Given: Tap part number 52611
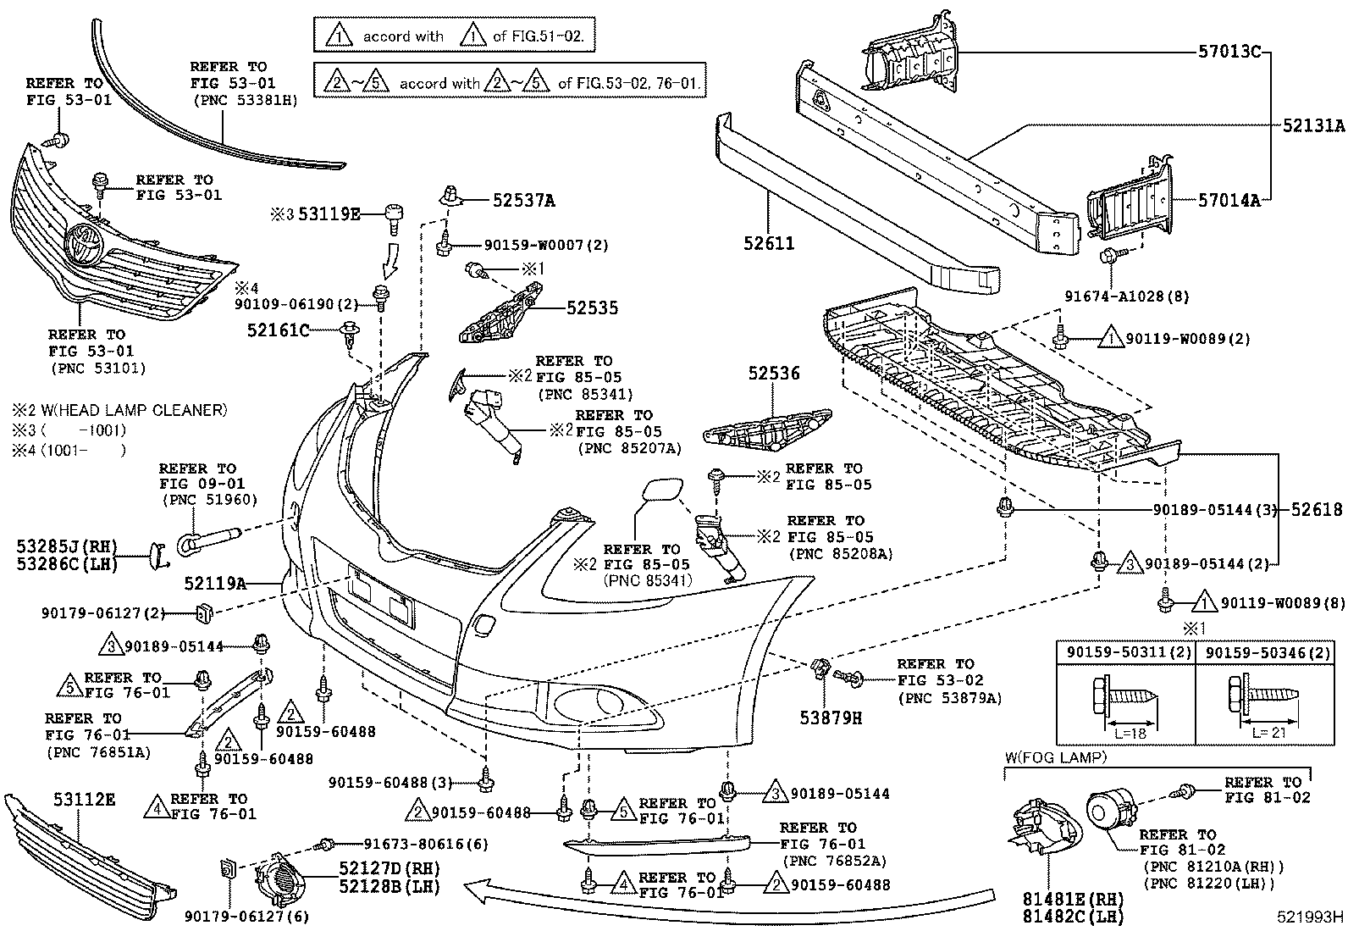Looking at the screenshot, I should [x=771, y=244].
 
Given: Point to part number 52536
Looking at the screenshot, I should [x=773, y=373].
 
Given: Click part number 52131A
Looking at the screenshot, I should [x=1313, y=125].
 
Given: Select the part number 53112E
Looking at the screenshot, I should [x=84, y=799].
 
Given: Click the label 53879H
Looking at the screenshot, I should [x=832, y=718].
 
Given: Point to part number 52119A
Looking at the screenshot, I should [x=215, y=583].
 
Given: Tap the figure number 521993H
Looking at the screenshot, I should [x=1312, y=916].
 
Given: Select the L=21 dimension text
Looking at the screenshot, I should [x=1268, y=732].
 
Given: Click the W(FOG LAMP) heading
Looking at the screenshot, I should [x=1054, y=757].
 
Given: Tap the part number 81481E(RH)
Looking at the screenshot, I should [x=1062, y=900].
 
